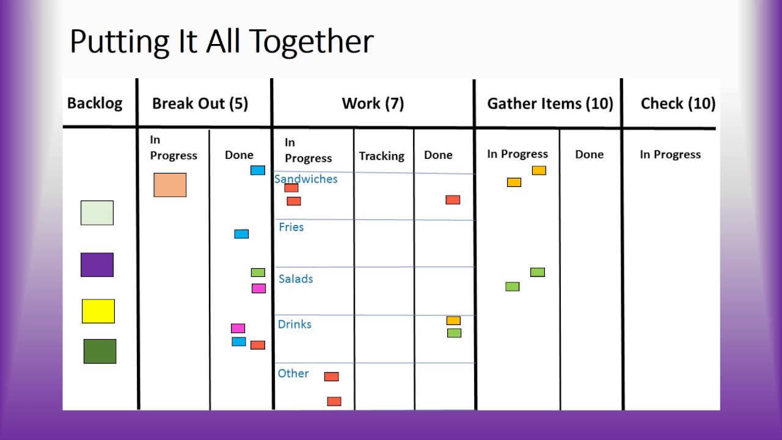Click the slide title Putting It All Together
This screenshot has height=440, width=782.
click(x=221, y=42)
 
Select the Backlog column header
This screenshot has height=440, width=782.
click(x=95, y=103)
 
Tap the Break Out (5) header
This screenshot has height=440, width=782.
click(x=200, y=103)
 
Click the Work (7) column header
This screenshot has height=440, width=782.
click(x=373, y=103)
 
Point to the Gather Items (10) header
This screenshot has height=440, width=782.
click(x=550, y=103)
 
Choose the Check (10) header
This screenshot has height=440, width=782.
click(x=678, y=103)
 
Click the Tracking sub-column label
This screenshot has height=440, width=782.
click(x=381, y=156)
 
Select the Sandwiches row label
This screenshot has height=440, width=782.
click(x=305, y=179)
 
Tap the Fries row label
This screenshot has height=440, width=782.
click(x=291, y=227)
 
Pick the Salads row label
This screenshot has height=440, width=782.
click(x=296, y=279)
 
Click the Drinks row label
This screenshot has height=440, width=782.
click(x=294, y=324)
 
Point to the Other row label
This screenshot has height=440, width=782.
click(x=293, y=373)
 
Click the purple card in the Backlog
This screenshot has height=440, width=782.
click(x=97, y=265)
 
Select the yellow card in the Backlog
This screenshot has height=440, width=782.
click(x=98, y=311)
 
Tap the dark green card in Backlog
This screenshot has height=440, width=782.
click(x=100, y=351)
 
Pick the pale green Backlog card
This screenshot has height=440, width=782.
click(x=97, y=213)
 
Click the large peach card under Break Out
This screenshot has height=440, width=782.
click(x=170, y=185)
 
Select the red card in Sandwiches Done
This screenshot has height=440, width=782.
click(x=453, y=200)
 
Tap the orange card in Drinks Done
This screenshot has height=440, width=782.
click(x=453, y=320)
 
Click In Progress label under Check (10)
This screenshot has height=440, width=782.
click(x=670, y=155)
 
